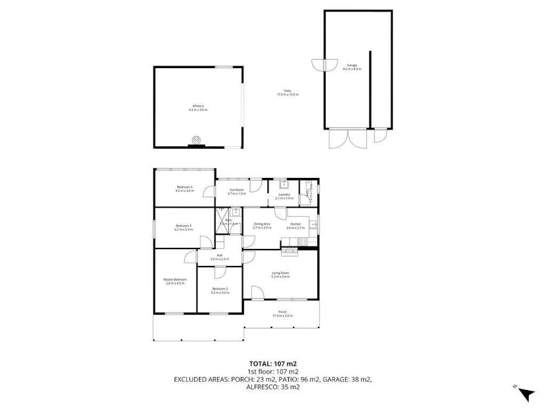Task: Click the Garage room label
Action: coord(352,65)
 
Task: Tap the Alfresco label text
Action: coord(198,106)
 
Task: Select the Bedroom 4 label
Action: coord(184,186)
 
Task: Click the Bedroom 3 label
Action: coord(183,226)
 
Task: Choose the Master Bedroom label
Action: coord(175,279)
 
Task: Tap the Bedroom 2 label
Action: coord(220,289)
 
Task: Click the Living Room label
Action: coord(280,273)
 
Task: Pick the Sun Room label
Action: coord(236,190)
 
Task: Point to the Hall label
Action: coord(220,256)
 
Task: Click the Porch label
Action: coord(283,312)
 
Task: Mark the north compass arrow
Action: coord(527,394)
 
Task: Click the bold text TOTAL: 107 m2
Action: coord(273,363)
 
